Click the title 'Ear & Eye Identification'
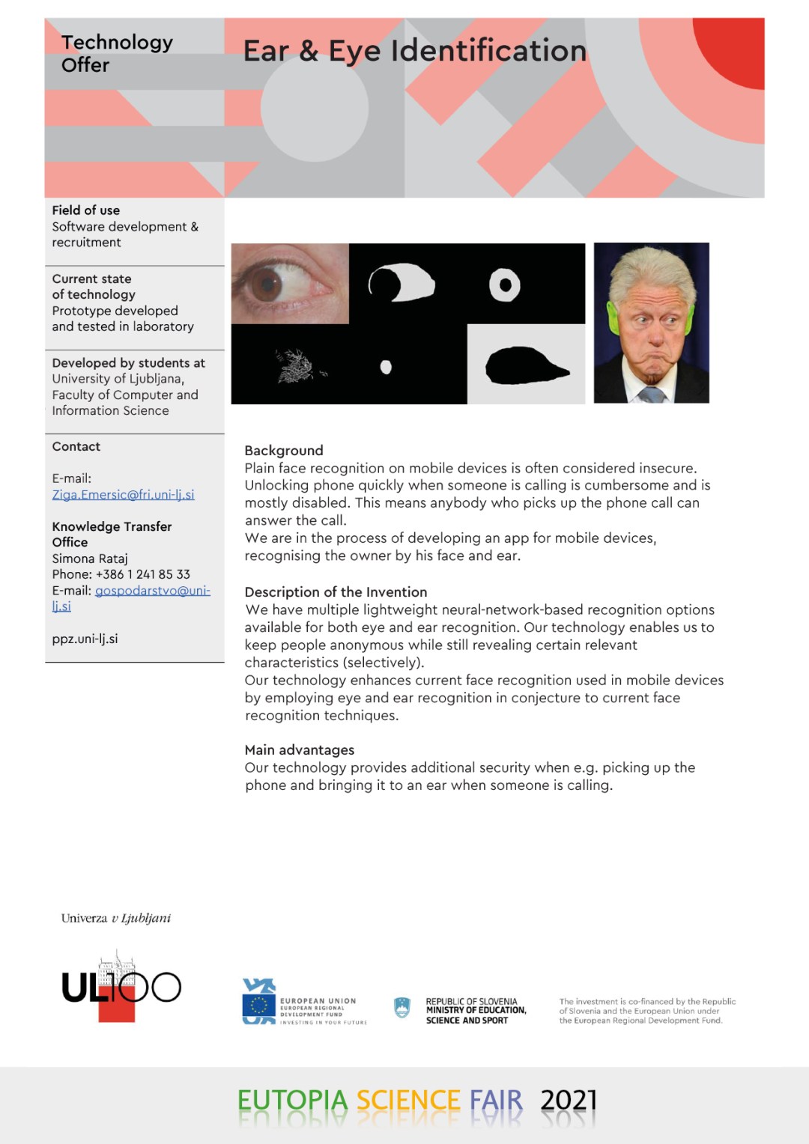(x=414, y=51)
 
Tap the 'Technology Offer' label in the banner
(x=116, y=53)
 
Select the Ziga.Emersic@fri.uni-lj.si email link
(x=123, y=494)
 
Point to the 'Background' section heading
(x=284, y=450)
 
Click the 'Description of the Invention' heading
(x=336, y=591)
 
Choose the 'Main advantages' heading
(x=300, y=749)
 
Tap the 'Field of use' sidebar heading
(x=86, y=210)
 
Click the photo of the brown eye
(x=289, y=283)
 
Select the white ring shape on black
(x=505, y=285)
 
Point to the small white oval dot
(x=386, y=367)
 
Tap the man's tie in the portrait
(x=652, y=394)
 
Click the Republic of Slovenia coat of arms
(x=402, y=1008)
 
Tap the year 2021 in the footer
(x=569, y=1100)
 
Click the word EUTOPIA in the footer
(x=292, y=1100)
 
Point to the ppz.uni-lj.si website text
(x=85, y=639)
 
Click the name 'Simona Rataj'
(x=90, y=559)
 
